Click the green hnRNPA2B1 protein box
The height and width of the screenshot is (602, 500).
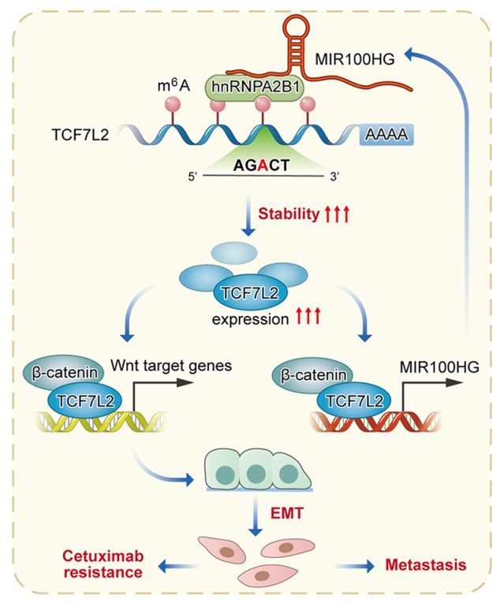pyautogui.click(x=254, y=88)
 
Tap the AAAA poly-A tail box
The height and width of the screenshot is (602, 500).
pyautogui.click(x=386, y=135)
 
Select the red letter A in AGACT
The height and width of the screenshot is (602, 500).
pyautogui.click(x=263, y=165)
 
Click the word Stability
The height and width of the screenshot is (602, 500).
pyautogui.click(x=289, y=214)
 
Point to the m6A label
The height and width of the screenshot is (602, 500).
pyautogui.click(x=174, y=86)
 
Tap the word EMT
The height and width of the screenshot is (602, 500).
pyautogui.click(x=287, y=513)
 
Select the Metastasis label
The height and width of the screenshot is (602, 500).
pyautogui.click(x=426, y=565)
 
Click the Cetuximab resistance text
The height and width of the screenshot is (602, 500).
pyautogui.click(x=103, y=564)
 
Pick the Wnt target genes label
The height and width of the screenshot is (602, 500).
pyautogui.click(x=171, y=366)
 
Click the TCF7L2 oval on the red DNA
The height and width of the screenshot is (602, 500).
pyautogui.click(x=354, y=401)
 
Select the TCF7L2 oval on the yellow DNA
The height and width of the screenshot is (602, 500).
pyautogui.click(x=85, y=401)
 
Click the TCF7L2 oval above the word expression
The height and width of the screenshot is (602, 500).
pyautogui.click(x=249, y=293)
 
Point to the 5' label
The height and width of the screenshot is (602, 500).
pyautogui.click(x=192, y=177)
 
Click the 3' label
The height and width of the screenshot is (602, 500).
pyautogui.click(x=334, y=177)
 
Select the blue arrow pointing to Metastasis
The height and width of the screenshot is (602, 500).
pyautogui.click(x=354, y=566)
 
